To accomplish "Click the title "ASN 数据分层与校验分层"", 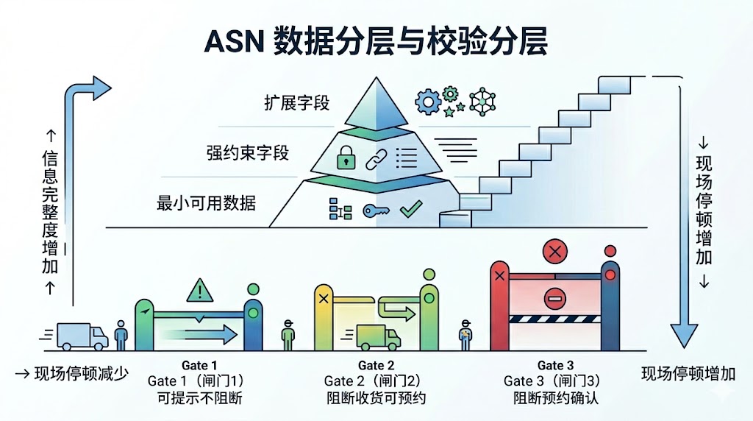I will click(376, 43).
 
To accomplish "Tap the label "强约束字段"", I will click(248, 153).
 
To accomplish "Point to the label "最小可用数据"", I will click(207, 202).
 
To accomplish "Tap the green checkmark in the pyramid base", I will click(409, 210).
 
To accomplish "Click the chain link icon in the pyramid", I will click(376, 156).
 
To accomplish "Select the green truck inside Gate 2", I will click(378, 337).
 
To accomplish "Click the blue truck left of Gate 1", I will click(81, 336).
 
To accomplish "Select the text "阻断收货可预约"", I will click(376, 398).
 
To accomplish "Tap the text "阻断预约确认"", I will click(556, 398).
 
